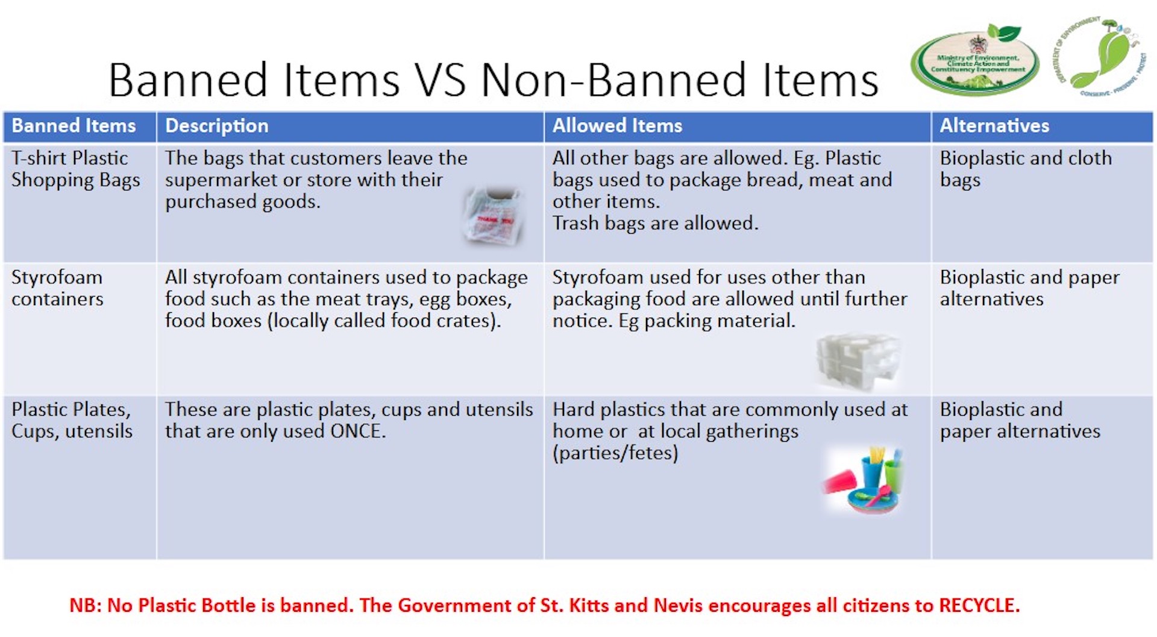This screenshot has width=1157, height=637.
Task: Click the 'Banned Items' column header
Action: [74, 126]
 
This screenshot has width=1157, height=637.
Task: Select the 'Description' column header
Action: [217, 126]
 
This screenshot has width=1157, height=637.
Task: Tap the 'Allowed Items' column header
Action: [617, 126]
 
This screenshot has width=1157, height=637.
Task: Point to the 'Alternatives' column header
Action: [994, 126]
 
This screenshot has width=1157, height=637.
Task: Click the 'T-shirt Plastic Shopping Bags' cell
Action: [75, 169]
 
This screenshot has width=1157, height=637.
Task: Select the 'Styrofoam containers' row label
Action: [57, 288]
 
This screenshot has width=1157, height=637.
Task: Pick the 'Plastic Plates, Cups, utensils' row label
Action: [72, 420]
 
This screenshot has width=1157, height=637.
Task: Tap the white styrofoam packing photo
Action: [858, 362]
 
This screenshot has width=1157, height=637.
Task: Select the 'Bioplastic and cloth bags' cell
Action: [1026, 169]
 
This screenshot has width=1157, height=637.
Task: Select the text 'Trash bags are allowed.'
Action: [655, 224]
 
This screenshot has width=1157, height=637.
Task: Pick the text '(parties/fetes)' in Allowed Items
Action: [615, 453]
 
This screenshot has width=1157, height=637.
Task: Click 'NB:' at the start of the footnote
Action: [85, 605]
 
